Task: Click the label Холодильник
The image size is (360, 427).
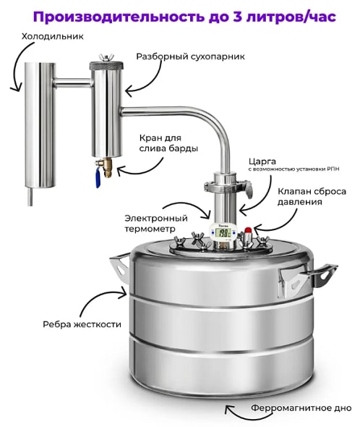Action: click(x=53, y=36)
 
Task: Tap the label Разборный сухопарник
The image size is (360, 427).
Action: click(x=190, y=56)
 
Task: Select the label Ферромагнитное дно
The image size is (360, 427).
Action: click(x=301, y=408)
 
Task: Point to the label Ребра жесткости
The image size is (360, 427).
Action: click(x=82, y=324)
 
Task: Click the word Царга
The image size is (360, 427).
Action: click(x=262, y=162)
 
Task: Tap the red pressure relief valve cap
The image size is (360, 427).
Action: click(x=248, y=230)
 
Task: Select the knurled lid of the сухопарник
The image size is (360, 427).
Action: click(x=106, y=66)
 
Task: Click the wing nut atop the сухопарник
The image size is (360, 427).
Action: click(x=106, y=57)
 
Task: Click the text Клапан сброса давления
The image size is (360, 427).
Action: click(x=312, y=197)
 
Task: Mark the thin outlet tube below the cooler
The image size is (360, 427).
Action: click(x=31, y=196)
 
